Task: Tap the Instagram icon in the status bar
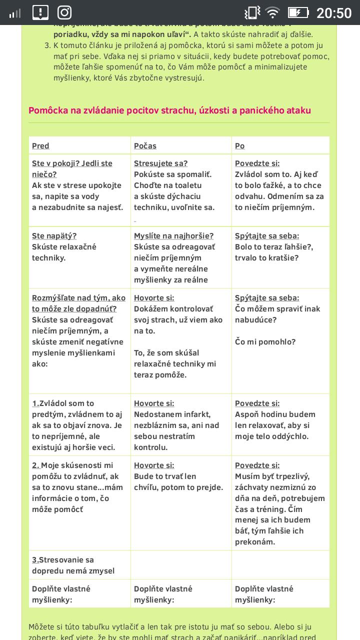(x=64, y=12)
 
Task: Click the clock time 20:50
(x=334, y=12)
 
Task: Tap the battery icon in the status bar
(x=298, y=12)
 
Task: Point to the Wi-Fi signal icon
(x=272, y=12)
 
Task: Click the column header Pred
(x=40, y=146)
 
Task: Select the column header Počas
(x=145, y=146)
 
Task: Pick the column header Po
(x=239, y=146)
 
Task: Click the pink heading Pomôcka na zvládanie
(x=169, y=110)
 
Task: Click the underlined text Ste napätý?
(x=54, y=236)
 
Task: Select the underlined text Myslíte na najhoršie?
(x=173, y=236)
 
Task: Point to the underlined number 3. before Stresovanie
(x=35, y=560)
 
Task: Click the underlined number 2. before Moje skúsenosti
(x=35, y=465)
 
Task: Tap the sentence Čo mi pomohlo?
(x=265, y=342)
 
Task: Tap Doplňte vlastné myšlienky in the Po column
(x=264, y=594)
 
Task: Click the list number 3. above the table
(x=47, y=45)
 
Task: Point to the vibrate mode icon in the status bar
(x=252, y=12)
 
